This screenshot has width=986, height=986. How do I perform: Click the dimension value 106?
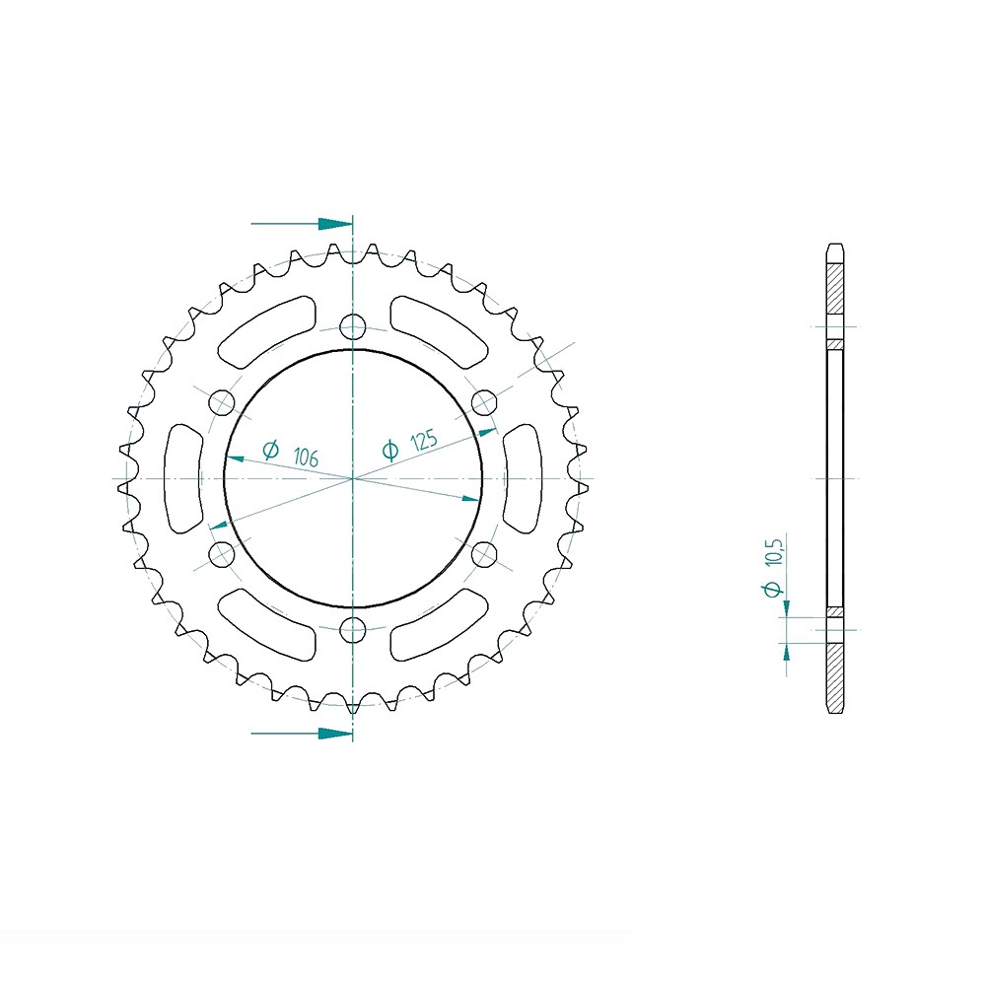click(306, 457)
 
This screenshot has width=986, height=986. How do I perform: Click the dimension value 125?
click(423, 441)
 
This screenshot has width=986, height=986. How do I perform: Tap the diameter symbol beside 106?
click(270, 450)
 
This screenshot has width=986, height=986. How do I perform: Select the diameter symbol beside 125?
click(389, 451)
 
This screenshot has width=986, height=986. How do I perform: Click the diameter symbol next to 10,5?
click(774, 589)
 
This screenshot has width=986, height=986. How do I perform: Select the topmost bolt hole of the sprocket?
click(352, 327)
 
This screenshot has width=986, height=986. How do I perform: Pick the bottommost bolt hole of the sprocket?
click(352, 629)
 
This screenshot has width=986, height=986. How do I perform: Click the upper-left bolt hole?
click(222, 402)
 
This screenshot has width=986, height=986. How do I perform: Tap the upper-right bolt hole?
click(483, 402)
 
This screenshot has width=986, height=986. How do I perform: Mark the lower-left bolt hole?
click(222, 554)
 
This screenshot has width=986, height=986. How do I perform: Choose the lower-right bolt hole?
click(483, 554)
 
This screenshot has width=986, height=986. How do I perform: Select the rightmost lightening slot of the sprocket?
click(522, 478)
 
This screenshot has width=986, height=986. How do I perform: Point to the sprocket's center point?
click(352, 478)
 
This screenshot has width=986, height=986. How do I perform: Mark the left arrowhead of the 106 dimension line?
click(235, 458)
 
